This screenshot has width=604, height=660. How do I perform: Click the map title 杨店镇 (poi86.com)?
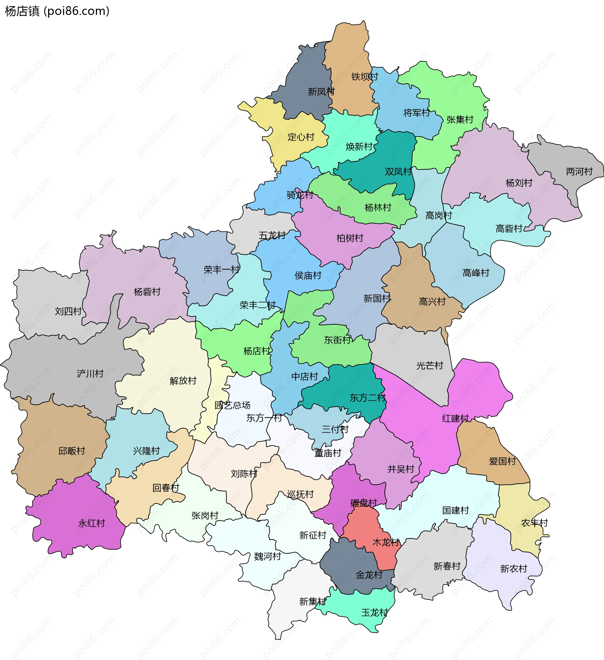tap(57, 11)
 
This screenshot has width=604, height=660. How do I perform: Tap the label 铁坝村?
tap(365, 77)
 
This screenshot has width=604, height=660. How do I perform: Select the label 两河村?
tap(579, 172)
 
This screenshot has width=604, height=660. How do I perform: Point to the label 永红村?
tap(91, 523)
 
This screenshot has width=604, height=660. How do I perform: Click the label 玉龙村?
tap(374, 613)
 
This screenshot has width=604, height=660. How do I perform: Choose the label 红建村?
tap(455, 419)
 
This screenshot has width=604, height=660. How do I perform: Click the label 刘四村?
tap(68, 311)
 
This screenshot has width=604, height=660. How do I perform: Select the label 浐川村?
tap(90, 374)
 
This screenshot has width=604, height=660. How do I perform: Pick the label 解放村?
tap(183, 381)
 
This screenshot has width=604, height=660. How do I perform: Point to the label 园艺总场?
tap(232, 405)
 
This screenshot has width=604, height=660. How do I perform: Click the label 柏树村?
tap(350, 238)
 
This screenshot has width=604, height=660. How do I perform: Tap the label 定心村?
tap(301, 137)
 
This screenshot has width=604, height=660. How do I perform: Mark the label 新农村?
tap(513, 569)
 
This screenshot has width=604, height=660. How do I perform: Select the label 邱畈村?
tap(71, 451)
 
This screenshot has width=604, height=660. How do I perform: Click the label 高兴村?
tap(432, 302)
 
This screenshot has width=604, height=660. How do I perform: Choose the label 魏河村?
tap(267, 557)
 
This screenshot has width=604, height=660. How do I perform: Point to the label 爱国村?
tap(502, 461)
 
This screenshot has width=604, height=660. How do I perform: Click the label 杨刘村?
tap(519, 183)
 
